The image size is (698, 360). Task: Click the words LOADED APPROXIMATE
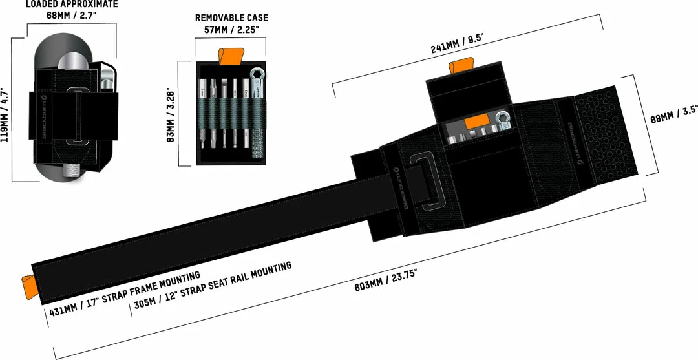click(71, 5)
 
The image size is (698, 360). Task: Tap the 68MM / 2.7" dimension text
click(71, 16)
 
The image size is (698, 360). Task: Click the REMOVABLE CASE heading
click(231, 18)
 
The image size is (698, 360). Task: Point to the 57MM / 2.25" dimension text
click(231, 29)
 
